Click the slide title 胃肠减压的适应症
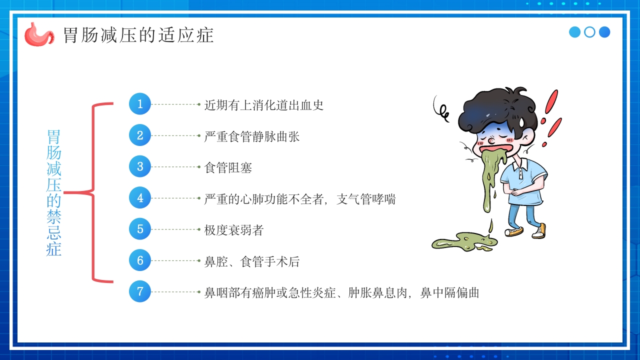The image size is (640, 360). click(x=138, y=35)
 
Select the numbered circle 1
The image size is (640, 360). click(x=140, y=104)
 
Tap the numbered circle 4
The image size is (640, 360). click(x=140, y=198)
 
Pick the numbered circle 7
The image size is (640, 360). click(x=140, y=291)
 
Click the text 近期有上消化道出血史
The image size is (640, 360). click(x=264, y=105)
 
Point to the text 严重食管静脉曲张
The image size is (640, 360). click(x=252, y=136)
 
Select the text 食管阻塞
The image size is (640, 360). click(x=228, y=167)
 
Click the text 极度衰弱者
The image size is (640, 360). click(x=234, y=230)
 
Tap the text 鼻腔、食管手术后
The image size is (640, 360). click(x=252, y=261)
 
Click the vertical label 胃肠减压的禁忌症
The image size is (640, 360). click(x=53, y=192)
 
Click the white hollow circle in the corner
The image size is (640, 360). click(x=590, y=32)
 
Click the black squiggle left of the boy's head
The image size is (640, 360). click(x=442, y=110)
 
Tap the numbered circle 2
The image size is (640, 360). click(x=140, y=135)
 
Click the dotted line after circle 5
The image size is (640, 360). click(x=175, y=229)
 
